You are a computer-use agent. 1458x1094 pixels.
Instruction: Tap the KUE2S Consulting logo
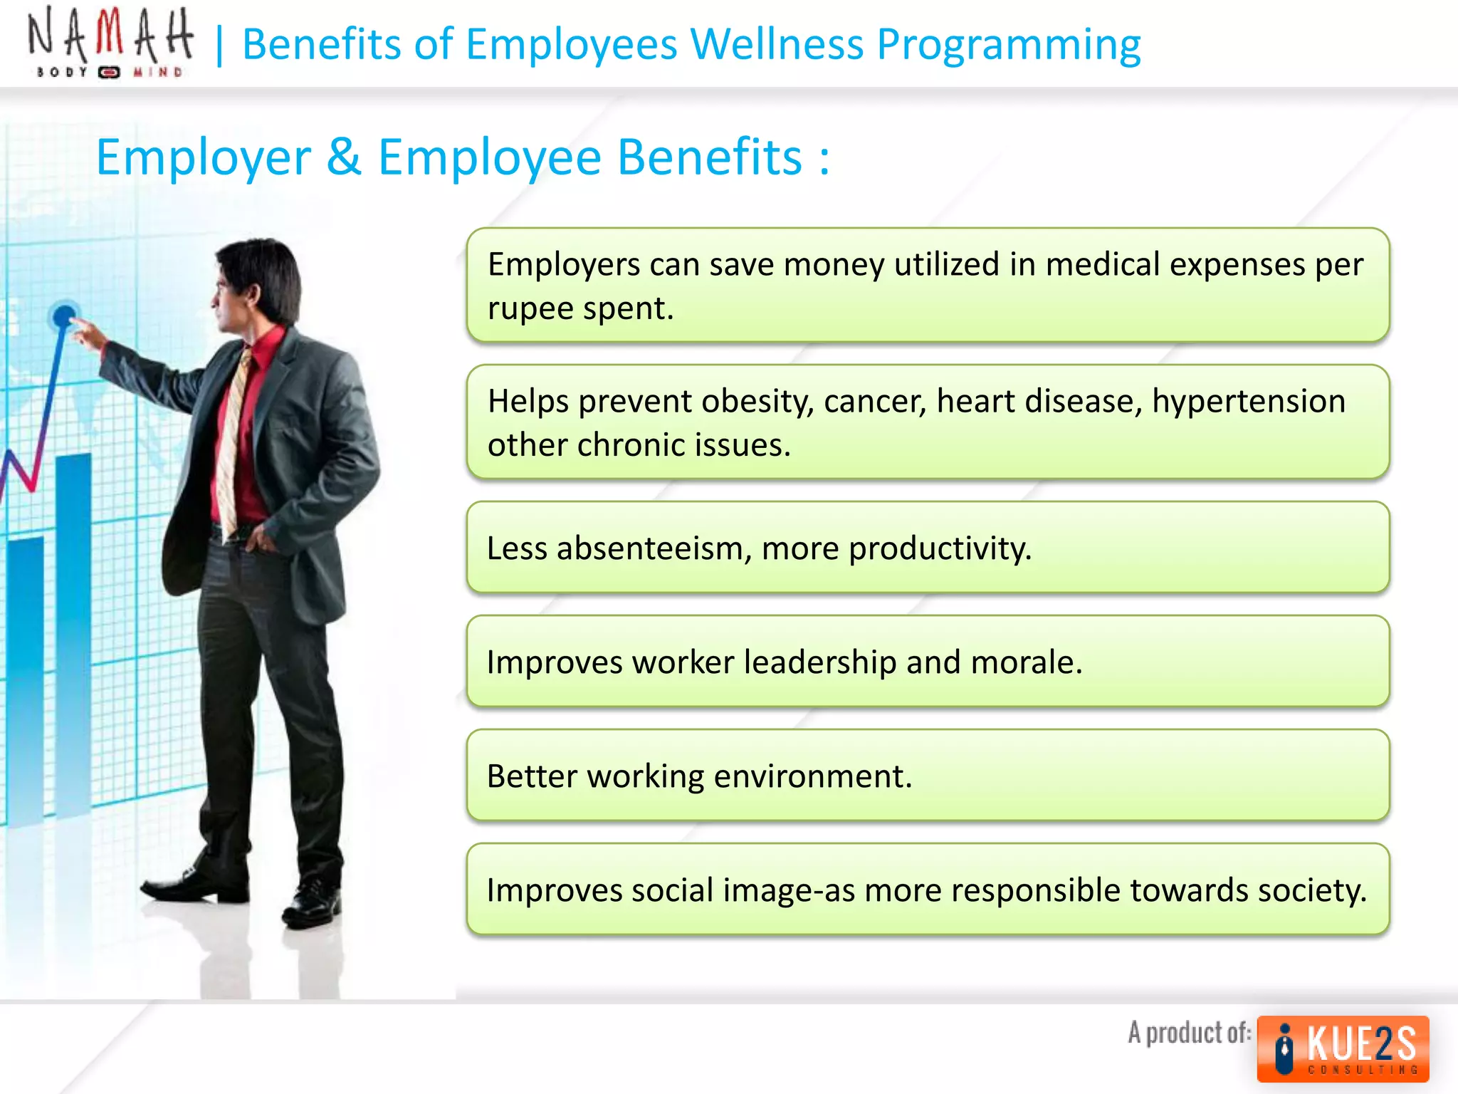point(1343,1048)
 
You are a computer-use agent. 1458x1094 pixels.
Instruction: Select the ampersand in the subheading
point(344,157)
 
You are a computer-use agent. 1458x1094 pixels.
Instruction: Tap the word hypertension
point(1249,401)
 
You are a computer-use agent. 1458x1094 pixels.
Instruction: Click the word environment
point(812,776)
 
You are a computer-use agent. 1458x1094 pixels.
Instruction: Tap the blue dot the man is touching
point(64,315)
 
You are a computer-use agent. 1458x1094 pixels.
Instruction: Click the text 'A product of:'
point(1189,1033)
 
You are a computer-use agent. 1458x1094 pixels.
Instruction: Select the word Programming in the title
point(1009,45)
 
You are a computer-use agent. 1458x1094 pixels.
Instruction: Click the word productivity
point(940,549)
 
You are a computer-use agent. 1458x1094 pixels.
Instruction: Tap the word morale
point(1026,662)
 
